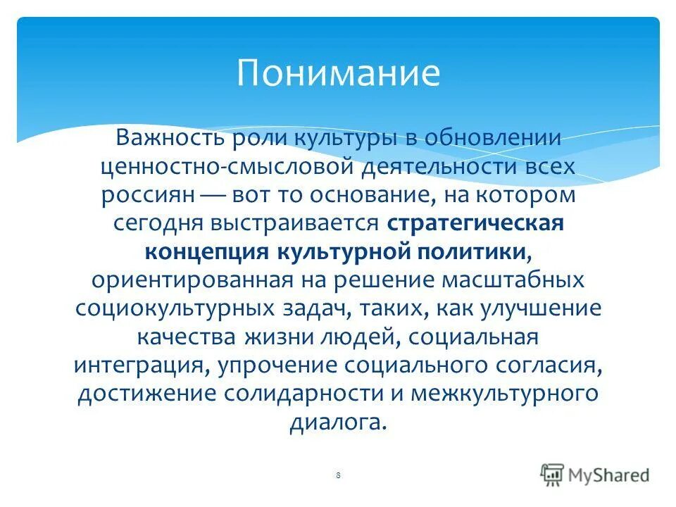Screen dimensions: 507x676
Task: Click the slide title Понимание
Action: tap(338, 73)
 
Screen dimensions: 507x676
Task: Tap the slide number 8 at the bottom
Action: tap(338, 476)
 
